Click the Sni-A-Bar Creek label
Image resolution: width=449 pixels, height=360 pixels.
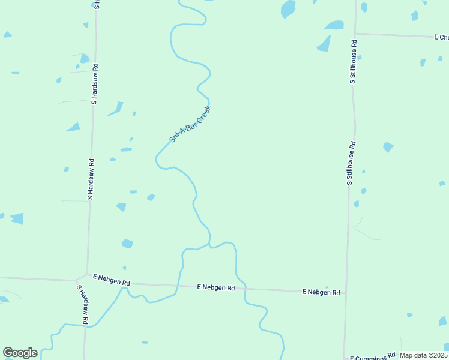click(190, 124)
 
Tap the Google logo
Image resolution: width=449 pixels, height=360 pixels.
click(20, 353)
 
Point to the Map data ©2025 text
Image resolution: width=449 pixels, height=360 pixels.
click(424, 355)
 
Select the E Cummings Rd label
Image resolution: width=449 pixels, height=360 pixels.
click(372, 358)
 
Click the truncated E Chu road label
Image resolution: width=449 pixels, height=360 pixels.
click(441, 37)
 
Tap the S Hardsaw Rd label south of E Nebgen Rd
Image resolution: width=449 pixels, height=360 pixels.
click(82, 305)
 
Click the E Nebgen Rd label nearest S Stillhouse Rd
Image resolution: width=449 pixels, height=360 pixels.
click(321, 292)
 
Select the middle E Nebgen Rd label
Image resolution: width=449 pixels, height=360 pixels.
click(216, 287)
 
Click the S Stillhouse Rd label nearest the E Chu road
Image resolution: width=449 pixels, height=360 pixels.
click(354, 62)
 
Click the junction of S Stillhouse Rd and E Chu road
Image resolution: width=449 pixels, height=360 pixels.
click(355, 34)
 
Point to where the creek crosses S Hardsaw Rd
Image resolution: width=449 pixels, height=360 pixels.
click(85, 326)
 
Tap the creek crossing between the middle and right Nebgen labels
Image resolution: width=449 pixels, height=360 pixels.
click(244, 289)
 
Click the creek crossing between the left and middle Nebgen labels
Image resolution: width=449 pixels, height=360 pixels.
click(178, 286)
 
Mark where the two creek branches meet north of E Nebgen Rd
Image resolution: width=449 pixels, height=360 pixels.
click(209, 245)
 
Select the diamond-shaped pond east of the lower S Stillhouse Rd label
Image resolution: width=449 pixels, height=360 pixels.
click(388, 147)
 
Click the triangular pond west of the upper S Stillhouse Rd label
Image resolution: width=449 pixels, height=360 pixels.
click(324, 43)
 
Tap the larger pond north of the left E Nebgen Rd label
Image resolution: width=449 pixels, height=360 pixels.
click(127, 244)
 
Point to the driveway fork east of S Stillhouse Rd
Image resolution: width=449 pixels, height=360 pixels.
click(358, 227)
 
